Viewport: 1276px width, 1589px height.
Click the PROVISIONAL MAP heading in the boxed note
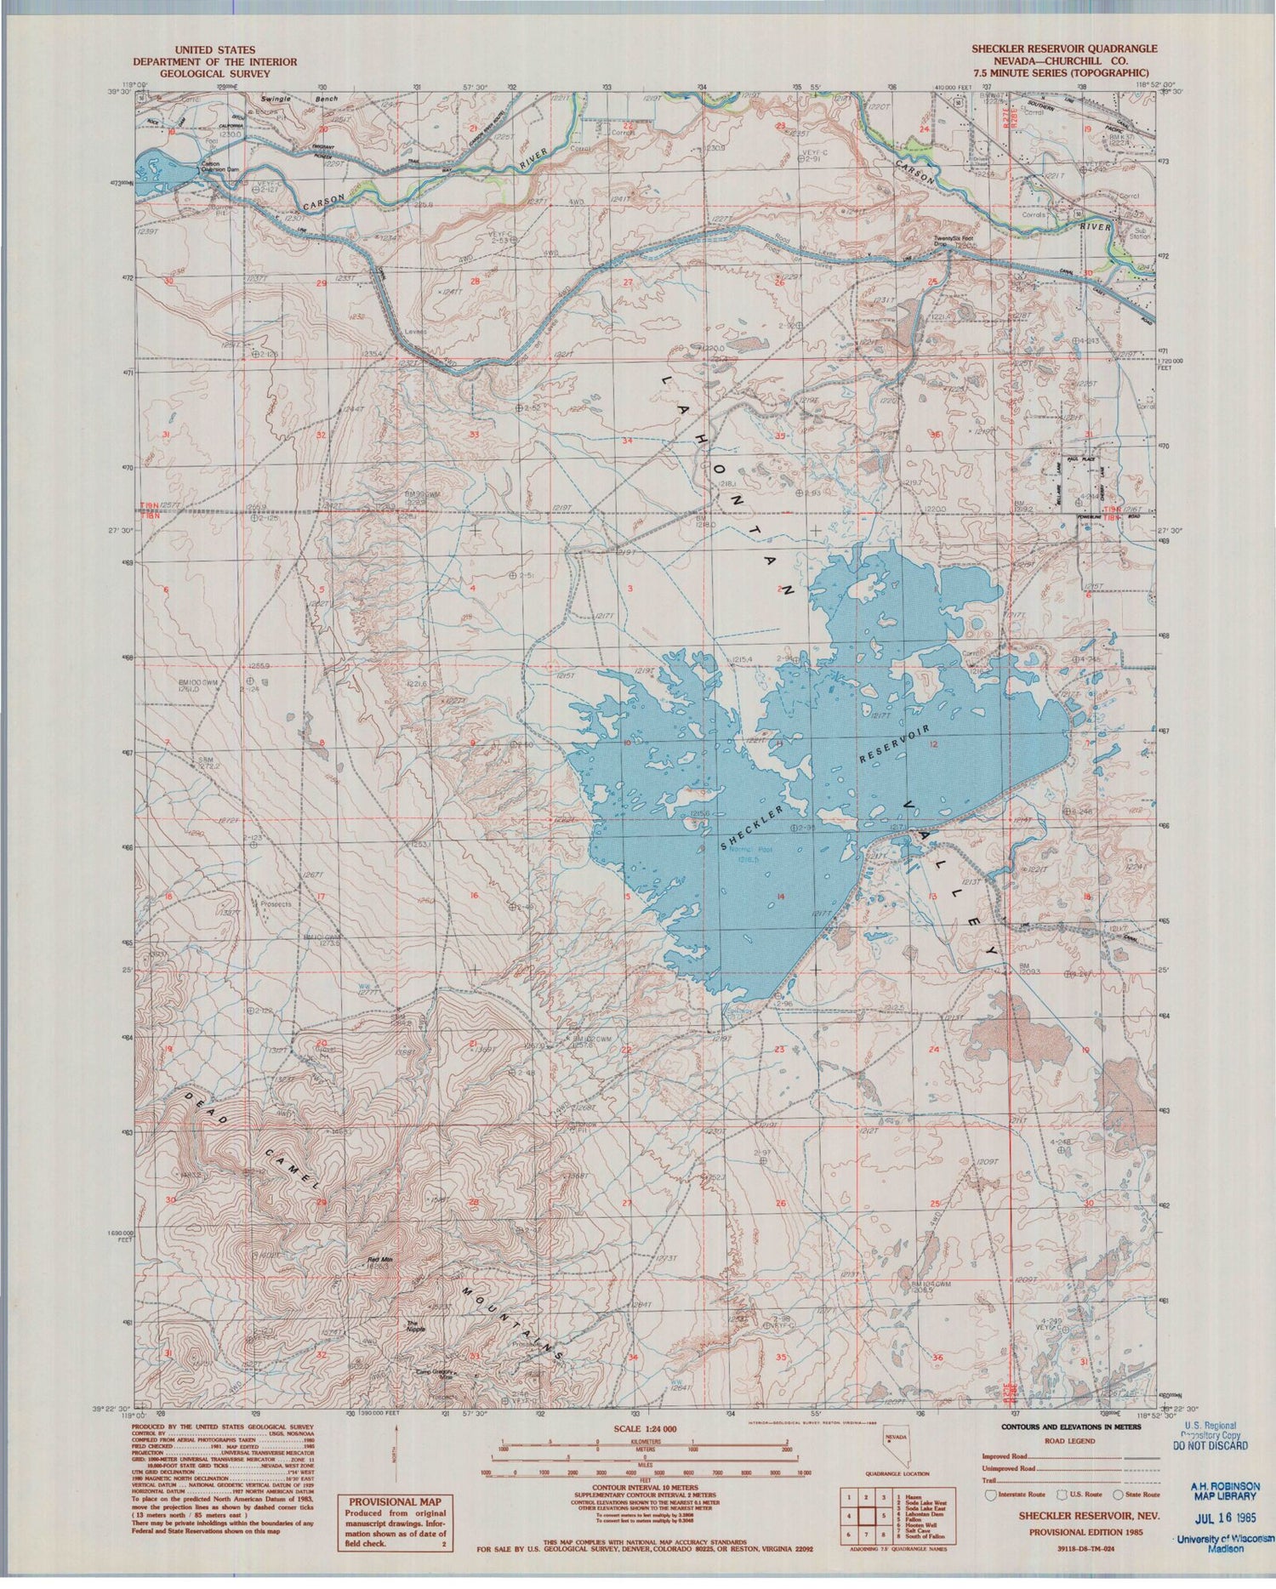(x=384, y=1503)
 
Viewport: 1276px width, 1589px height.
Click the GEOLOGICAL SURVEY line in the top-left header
(x=214, y=73)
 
